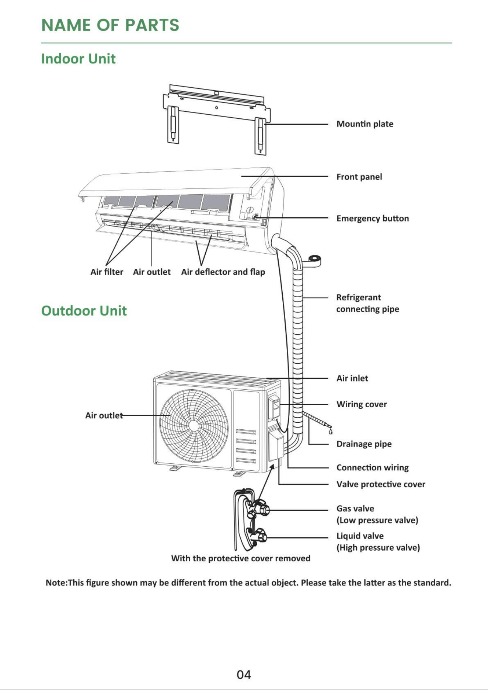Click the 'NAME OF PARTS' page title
(110, 25)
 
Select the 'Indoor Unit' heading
(78, 59)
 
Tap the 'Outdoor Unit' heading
(84, 311)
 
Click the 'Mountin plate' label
(365, 124)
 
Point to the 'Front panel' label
(359, 177)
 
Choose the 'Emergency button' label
(373, 218)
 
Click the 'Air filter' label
(107, 272)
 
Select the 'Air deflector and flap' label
(223, 272)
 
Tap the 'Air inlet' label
(352, 378)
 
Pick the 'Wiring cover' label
(362, 404)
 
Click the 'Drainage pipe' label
(364, 444)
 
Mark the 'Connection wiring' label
(373, 467)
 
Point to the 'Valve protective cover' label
(381, 484)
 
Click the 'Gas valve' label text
(355, 509)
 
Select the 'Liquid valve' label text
(360, 536)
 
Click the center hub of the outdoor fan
(193, 426)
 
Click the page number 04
(244, 675)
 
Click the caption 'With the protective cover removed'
(241, 558)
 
